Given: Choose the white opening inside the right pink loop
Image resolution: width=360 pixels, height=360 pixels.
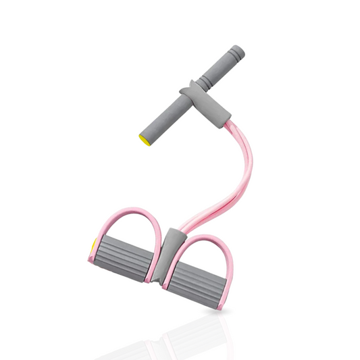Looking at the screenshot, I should coord(206,247).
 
